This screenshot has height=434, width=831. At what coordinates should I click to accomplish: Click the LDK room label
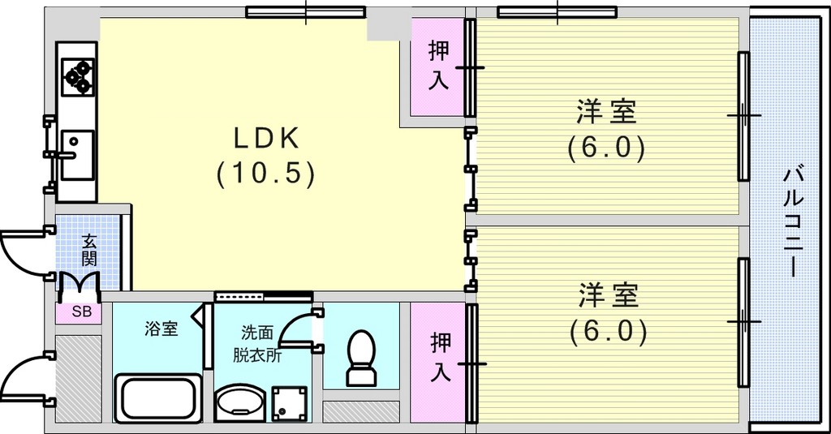pyautogui.click(x=266, y=139)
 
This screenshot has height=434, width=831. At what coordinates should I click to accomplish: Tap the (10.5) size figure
pyautogui.click(x=266, y=174)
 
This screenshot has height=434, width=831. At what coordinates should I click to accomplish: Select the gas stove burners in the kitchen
pyautogui.click(x=78, y=77)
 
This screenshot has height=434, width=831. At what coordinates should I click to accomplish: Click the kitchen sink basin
pyautogui.click(x=77, y=154)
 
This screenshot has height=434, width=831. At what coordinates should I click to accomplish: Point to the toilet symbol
pyautogui.click(x=361, y=358)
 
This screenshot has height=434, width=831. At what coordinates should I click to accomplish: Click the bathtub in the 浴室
pyautogui.click(x=158, y=398)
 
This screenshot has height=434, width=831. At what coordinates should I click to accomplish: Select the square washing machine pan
pyautogui.click(x=290, y=404)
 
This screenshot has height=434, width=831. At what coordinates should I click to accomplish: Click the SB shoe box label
pyautogui.click(x=82, y=312)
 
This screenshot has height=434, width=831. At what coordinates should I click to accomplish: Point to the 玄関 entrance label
pyautogui.click(x=89, y=251)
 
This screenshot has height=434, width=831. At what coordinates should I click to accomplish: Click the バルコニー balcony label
pyautogui.click(x=794, y=221)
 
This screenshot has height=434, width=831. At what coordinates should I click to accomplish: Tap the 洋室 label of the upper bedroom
pyautogui.click(x=607, y=112)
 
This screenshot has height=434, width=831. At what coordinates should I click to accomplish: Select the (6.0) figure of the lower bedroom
pyautogui.click(x=609, y=333)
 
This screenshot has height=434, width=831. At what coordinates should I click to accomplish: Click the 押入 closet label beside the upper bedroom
pyautogui.click(x=439, y=67)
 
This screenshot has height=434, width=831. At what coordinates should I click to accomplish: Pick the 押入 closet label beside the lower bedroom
pyautogui.click(x=441, y=357)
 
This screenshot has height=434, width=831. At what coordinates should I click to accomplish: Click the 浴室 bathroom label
pyautogui.click(x=161, y=329)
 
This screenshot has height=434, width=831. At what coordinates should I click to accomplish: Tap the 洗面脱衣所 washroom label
pyautogui.click(x=257, y=344)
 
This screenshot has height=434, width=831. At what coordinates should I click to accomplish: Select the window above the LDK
pyautogui.click(x=306, y=12)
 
